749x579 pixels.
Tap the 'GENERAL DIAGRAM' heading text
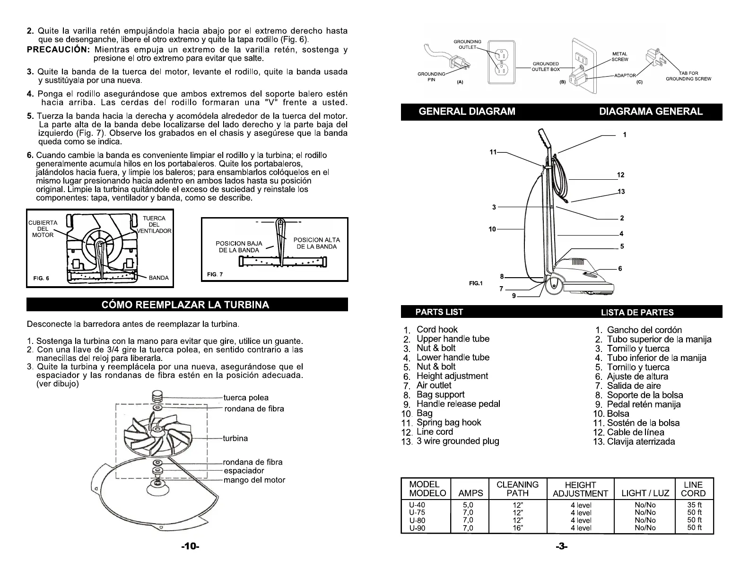[x=467, y=112]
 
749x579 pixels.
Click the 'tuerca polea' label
[x=246, y=398]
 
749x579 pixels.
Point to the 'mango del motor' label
[x=254, y=480]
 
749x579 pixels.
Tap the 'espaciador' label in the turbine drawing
[x=244, y=471]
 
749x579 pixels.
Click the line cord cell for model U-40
[x=694, y=505]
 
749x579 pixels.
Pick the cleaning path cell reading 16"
[x=518, y=528]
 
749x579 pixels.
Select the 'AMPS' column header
[x=471, y=493]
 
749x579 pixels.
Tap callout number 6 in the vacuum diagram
[x=620, y=269]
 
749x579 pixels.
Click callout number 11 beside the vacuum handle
[x=493, y=152]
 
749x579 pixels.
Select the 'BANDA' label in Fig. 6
[x=158, y=278]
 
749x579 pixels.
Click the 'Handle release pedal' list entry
[x=458, y=404]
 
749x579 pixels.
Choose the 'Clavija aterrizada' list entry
[x=641, y=442]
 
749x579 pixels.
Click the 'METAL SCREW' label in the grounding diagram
[x=620, y=57]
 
